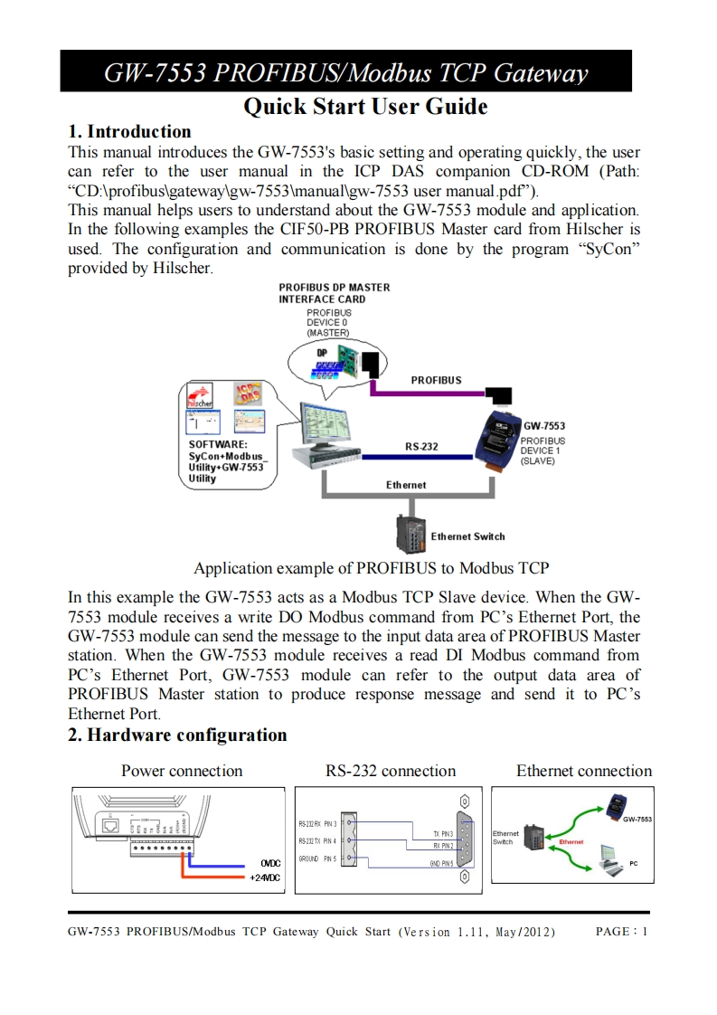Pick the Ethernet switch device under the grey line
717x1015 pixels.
410,534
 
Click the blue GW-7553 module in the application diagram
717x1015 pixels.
497,441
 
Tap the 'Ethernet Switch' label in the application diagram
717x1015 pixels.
467,536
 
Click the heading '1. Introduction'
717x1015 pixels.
130,132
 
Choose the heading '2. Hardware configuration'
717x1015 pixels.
178,735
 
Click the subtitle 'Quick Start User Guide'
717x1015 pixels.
366,107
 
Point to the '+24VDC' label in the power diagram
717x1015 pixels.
265,877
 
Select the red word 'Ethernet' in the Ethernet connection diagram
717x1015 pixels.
571,842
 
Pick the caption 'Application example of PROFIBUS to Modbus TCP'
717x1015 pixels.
372,569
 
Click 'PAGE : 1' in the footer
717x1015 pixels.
622,931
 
